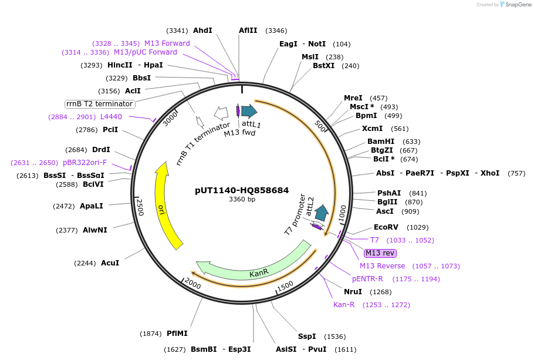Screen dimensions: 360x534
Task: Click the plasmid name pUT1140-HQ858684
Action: point(242,190)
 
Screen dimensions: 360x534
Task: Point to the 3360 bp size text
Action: point(242,199)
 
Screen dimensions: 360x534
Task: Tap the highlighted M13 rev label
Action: point(380,253)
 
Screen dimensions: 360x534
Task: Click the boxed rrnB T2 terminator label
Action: point(100,104)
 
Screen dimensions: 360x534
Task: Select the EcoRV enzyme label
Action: point(386,227)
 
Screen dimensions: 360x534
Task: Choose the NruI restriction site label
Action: point(356,292)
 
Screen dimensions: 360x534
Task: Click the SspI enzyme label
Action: point(306,337)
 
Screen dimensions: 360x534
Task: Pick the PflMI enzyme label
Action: point(177,334)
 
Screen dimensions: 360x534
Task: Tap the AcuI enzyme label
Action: point(110,263)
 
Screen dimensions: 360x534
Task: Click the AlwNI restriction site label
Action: point(94,230)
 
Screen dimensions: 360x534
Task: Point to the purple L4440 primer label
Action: point(111,117)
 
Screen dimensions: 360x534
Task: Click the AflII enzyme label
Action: point(248,31)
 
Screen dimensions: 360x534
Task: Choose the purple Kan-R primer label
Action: point(344,305)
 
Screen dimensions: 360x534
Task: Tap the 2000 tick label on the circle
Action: point(193,283)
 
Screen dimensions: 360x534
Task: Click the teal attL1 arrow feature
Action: point(249,111)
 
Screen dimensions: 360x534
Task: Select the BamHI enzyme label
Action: point(381,142)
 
